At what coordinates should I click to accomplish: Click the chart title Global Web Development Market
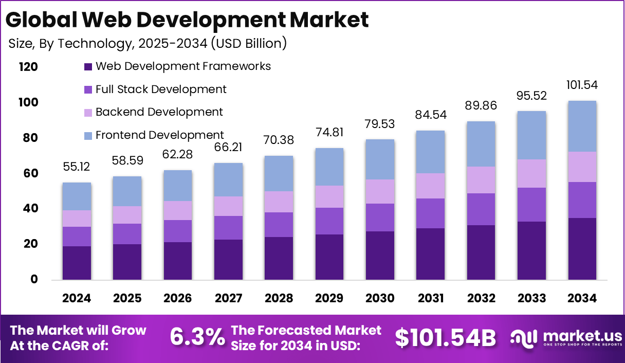(x=187, y=20)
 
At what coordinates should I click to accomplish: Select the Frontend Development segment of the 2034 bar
(x=582, y=126)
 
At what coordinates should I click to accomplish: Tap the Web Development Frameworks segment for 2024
(x=77, y=263)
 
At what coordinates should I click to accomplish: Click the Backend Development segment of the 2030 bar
(x=380, y=191)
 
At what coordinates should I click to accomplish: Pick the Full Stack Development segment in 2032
(x=481, y=209)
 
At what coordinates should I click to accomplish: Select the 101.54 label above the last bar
(x=582, y=85)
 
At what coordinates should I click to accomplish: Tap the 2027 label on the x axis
(x=228, y=299)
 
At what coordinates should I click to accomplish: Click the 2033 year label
(x=531, y=299)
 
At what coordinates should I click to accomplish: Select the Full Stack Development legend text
(x=161, y=89)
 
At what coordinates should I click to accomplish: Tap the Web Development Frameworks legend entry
(x=183, y=66)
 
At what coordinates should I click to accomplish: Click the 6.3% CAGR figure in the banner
(x=197, y=337)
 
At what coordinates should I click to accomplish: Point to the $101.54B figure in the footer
(x=446, y=338)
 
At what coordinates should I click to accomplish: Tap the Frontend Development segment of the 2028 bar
(x=279, y=173)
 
